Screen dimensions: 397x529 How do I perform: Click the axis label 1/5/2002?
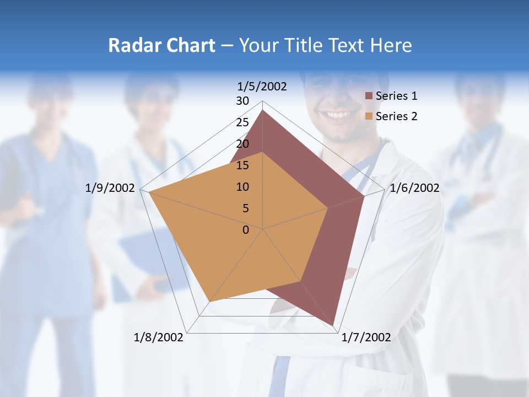pos(262,87)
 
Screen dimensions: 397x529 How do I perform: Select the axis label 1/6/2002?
pos(414,188)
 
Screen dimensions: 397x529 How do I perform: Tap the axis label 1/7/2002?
pos(366,337)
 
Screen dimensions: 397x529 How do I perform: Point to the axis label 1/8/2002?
pos(159,337)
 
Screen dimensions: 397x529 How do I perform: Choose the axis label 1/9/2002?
pos(110,188)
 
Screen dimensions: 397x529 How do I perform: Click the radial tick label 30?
pos(242,101)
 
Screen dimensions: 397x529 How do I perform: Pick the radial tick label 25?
pos(242,122)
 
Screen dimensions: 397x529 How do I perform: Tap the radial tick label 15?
pos(242,165)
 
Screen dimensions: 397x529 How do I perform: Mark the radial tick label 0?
pos(246,230)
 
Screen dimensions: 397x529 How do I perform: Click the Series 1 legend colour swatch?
pos(369,96)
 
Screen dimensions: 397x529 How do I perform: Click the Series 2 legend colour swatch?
pos(369,116)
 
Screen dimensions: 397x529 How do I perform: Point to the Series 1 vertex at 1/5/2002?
pos(263,110)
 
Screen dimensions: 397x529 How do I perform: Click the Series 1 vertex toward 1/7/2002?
pos(333,325)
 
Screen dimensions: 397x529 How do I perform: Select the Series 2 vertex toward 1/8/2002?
pos(210,302)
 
